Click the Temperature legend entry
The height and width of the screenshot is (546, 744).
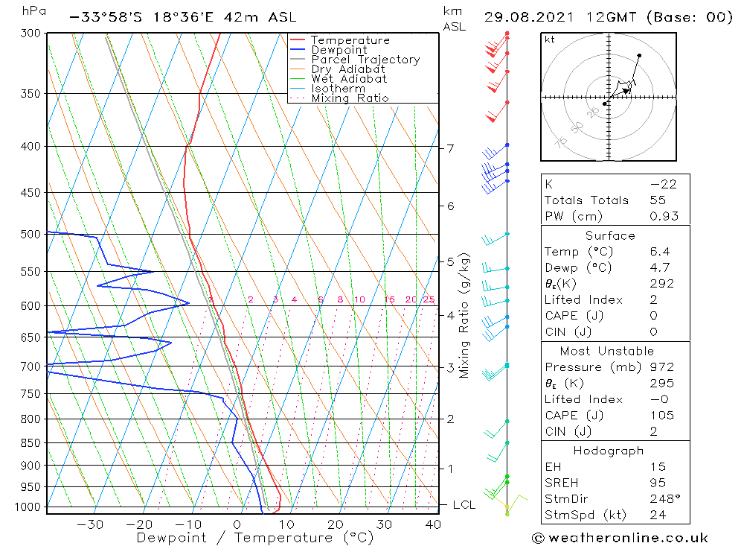(350, 40)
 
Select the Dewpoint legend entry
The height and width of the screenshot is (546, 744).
(338, 50)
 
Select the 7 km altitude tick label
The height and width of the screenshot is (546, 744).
(450, 148)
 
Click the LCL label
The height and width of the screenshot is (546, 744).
(464, 505)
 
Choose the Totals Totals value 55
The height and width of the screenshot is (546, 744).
(658, 200)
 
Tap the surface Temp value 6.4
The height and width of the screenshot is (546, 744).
(658, 252)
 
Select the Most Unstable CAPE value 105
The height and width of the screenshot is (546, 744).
(661, 416)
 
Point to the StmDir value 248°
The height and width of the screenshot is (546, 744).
(662, 498)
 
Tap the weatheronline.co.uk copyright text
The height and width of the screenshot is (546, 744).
(620, 538)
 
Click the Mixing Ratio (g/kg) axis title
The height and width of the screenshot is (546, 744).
(464, 315)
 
